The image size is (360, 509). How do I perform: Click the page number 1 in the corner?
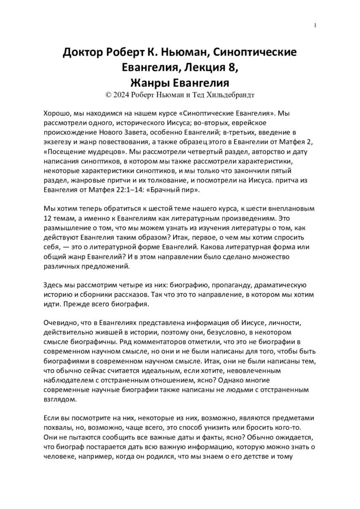click(316, 25)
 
